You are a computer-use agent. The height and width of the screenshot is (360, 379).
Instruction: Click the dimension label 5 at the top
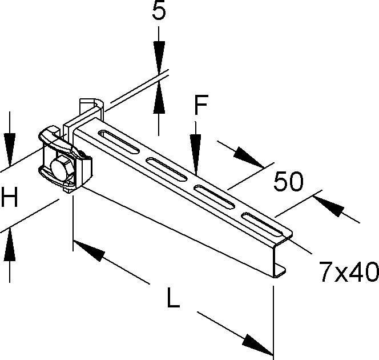tap(159, 11)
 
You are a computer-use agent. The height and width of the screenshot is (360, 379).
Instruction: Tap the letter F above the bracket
tap(201, 105)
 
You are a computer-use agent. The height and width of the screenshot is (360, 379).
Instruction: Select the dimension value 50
tap(288, 181)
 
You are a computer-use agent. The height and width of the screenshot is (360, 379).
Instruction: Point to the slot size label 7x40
tap(349, 271)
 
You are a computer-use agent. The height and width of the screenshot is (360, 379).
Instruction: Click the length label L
tap(173, 298)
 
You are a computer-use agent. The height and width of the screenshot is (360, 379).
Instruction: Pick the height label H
tap(10, 197)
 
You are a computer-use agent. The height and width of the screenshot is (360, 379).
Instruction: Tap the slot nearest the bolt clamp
tap(119, 141)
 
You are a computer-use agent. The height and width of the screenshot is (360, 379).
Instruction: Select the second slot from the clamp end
tap(167, 169)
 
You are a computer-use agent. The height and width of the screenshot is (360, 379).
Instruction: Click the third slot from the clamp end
tap(215, 197)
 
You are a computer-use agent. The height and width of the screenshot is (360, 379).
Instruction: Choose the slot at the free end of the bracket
tap(263, 224)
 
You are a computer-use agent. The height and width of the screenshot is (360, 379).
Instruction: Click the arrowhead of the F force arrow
tap(196, 155)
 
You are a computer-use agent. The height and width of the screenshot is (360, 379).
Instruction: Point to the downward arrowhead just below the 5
tap(159, 57)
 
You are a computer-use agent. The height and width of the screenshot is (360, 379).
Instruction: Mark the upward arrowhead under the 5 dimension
tap(159, 98)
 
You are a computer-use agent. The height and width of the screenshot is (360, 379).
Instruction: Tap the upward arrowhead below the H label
tap(10, 245)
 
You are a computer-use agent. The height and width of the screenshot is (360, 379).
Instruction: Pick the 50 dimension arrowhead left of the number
tap(249, 157)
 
